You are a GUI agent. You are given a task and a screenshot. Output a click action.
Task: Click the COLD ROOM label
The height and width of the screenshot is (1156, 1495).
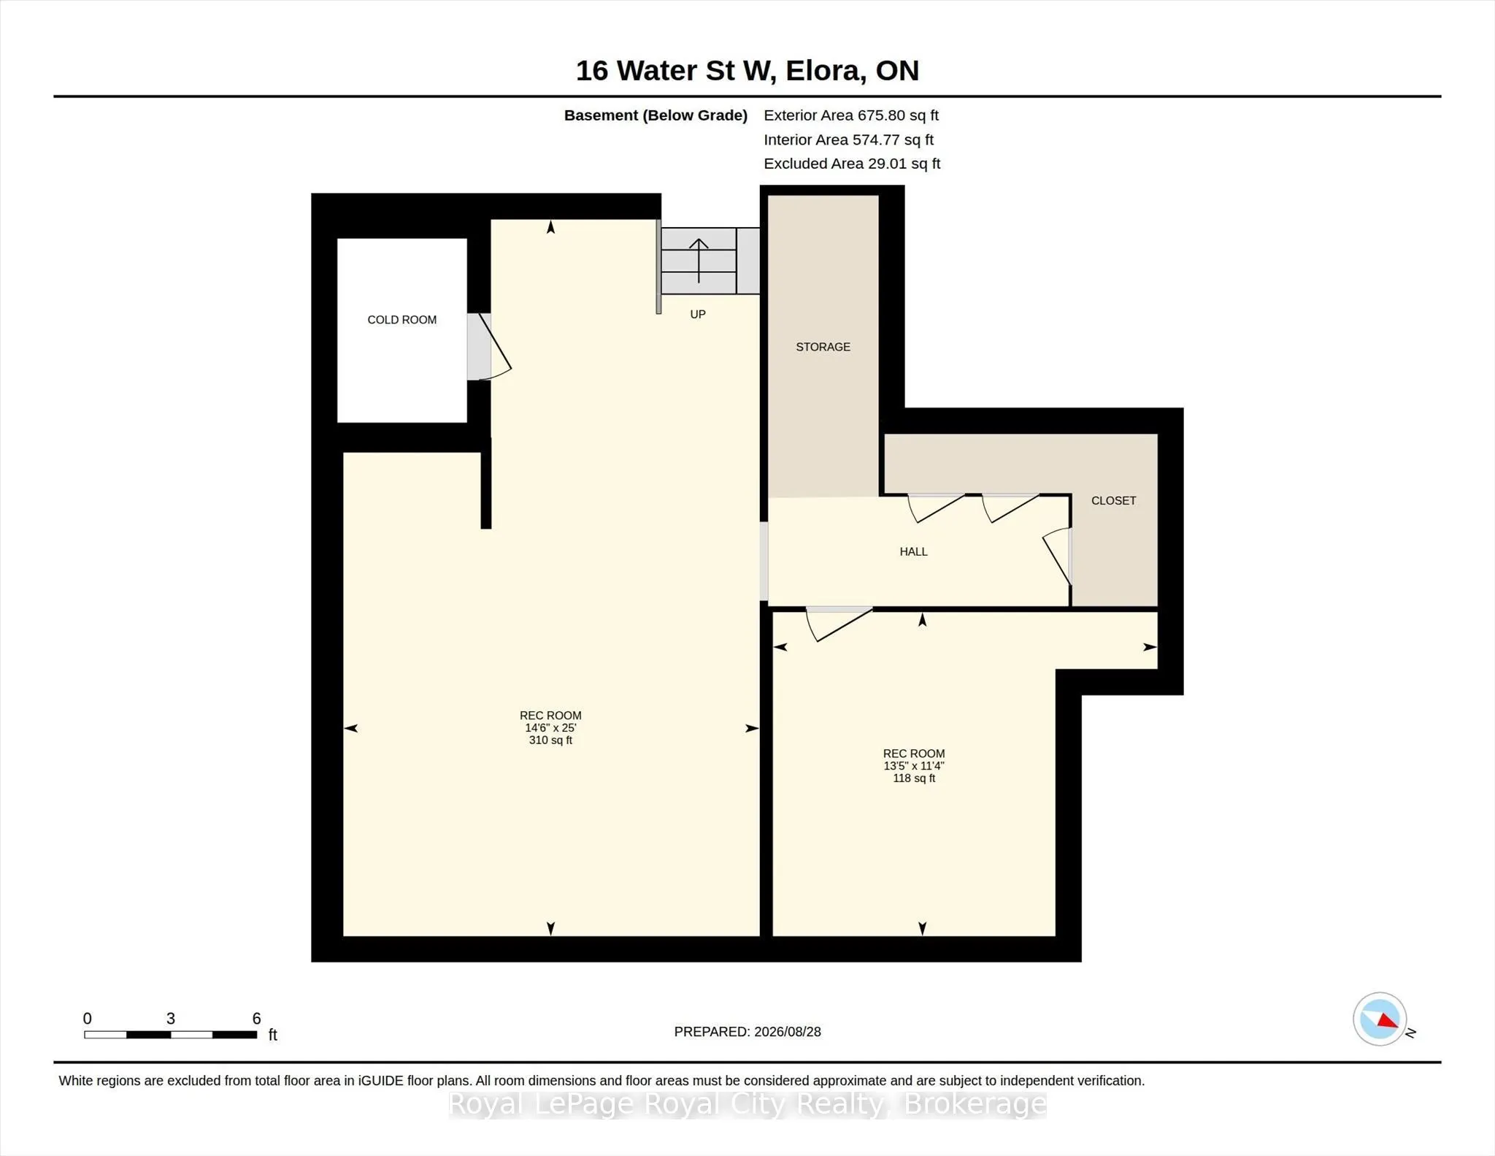point(401,320)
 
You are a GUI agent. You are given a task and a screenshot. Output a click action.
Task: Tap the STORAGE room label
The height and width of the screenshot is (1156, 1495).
point(823,347)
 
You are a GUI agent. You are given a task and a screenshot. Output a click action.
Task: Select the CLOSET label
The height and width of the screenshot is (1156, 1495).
point(1113,500)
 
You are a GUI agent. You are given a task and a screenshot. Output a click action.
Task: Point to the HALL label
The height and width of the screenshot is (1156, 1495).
point(913,551)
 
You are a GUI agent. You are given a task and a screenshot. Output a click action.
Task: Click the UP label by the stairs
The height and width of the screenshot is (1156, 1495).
point(698,314)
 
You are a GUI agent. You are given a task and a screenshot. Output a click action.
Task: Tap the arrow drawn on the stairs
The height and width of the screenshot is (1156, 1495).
point(699,261)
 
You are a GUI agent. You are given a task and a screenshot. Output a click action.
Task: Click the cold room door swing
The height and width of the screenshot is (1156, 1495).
point(495,347)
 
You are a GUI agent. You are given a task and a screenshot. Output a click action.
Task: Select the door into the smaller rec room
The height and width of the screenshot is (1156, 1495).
point(839,624)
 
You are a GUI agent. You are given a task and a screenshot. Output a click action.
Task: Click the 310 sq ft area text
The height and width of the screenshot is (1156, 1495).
point(550,740)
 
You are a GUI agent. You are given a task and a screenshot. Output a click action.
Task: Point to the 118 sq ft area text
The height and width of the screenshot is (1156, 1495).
point(914,778)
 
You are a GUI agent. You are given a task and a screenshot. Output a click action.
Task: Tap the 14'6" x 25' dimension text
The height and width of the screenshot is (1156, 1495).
point(550,728)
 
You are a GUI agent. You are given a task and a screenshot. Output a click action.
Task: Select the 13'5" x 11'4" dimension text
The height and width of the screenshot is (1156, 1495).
point(914,766)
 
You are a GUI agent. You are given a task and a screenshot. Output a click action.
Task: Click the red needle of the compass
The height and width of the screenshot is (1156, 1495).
point(1388,1021)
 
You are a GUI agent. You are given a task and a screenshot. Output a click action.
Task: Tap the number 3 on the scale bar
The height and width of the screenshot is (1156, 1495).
point(171,1019)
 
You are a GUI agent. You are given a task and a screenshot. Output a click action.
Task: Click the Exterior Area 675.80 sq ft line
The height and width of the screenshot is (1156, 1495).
point(851,115)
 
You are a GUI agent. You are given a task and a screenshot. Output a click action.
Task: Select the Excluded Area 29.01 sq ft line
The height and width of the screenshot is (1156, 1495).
point(852,164)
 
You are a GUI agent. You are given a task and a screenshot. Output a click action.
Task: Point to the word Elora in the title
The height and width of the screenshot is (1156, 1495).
point(826,71)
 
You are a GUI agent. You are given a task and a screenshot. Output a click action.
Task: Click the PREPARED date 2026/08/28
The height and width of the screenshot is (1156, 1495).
point(788,1032)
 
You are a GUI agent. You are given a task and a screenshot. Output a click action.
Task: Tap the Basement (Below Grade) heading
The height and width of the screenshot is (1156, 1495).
point(656,115)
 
